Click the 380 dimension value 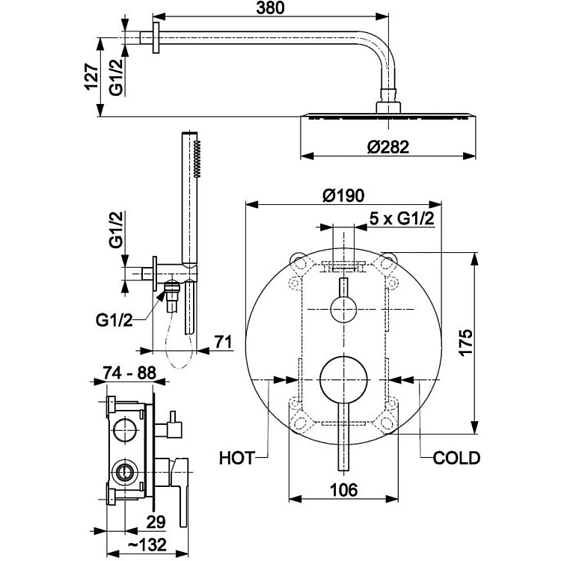pos(270,8)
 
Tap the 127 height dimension pos(91,77)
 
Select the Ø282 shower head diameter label pos(388,147)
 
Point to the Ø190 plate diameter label pos(343,195)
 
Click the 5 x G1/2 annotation pos(402,218)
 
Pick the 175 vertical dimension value pos(466,343)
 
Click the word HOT pos(237,459)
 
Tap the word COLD pos(456,459)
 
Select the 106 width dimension pos(343,490)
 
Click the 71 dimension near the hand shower pos(223,342)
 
